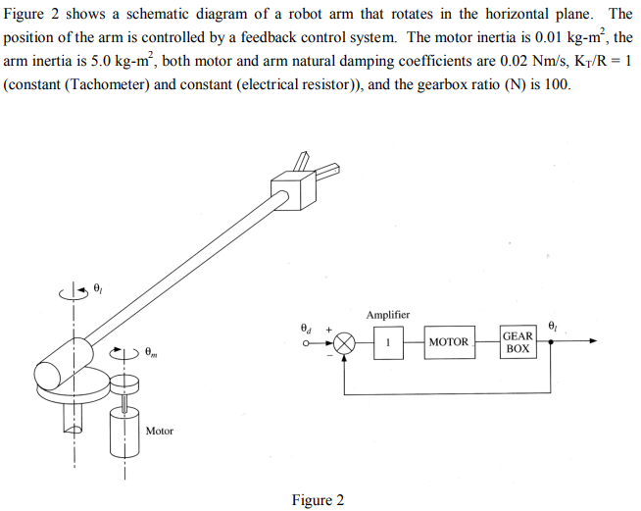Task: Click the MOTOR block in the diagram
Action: coord(450,342)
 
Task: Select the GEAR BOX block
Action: coord(517,342)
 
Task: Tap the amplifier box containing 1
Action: coord(388,342)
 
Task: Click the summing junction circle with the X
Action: coord(344,342)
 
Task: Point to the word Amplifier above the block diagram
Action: coord(388,315)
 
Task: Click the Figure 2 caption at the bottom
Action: coord(318,500)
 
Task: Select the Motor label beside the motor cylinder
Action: coord(159,431)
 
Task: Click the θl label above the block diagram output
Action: coord(554,324)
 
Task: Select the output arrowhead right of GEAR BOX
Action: coord(592,342)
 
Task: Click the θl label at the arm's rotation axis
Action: coord(97,286)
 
